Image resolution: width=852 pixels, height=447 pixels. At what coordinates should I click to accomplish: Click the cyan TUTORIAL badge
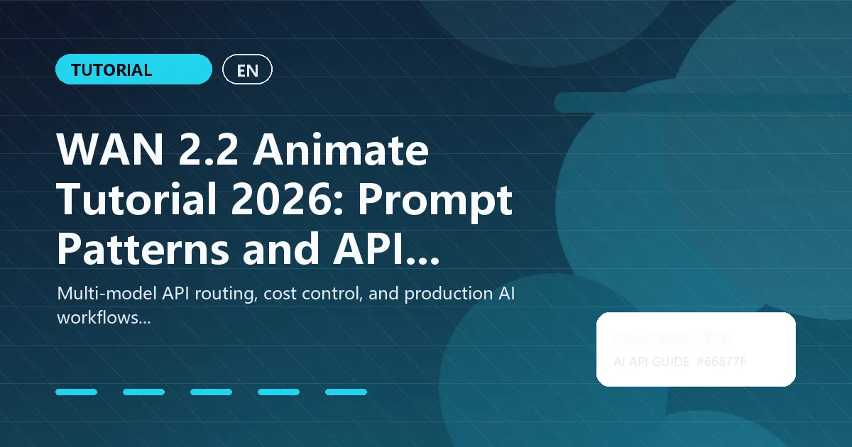coord(133,70)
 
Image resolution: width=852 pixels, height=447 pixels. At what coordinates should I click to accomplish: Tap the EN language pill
coord(247,70)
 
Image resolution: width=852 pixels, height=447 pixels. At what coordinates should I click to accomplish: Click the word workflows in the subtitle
coord(102,318)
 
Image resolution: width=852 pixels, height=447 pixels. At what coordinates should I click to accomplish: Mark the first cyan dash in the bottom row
coord(76,392)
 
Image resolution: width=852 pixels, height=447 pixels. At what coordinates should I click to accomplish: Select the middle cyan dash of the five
coord(211,392)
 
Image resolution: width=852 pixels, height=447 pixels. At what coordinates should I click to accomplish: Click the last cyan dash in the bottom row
coord(346,392)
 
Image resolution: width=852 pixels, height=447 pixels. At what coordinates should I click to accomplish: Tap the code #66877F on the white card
coord(721,362)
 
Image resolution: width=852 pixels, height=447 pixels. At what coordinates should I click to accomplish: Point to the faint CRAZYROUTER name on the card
coord(672,339)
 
